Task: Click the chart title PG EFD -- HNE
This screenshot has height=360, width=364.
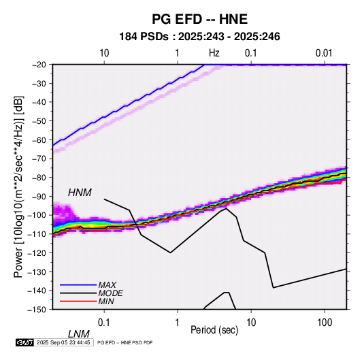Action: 199,19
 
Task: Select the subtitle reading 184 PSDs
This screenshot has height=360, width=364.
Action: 144,37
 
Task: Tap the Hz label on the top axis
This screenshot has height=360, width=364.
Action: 214,53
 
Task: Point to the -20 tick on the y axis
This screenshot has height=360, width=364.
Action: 39,65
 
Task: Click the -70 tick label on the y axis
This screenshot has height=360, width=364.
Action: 39,159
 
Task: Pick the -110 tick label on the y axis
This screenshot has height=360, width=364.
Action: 37,234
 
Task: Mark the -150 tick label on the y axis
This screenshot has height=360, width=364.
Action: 37,310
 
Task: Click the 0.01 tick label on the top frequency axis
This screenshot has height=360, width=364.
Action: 324,53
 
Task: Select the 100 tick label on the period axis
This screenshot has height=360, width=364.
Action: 325,322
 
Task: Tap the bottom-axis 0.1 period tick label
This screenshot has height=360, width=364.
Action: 104,322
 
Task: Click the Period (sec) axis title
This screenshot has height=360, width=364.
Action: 214,330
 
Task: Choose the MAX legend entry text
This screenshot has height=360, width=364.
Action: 107,285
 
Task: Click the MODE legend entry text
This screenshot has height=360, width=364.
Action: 110,293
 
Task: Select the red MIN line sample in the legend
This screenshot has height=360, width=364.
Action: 78,301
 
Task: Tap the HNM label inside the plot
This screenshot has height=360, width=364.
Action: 80,193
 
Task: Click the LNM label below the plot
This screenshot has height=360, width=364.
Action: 79,334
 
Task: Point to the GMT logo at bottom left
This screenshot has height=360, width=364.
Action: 24,342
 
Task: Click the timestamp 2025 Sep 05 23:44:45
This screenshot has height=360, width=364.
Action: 63,342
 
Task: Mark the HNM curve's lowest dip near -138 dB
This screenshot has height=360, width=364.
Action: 274,288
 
